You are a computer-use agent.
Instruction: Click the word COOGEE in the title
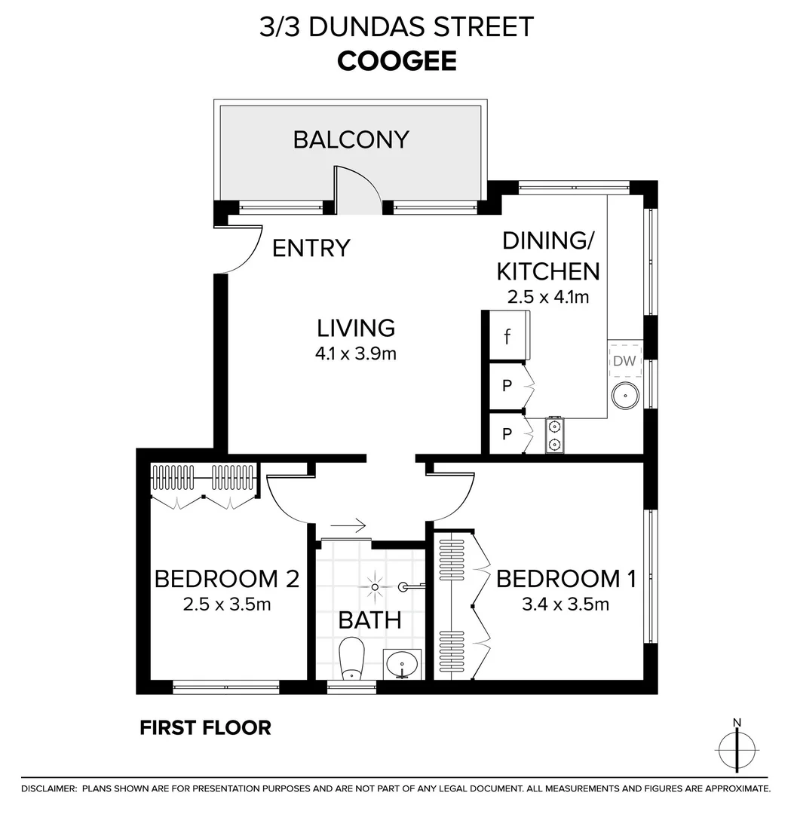click(397, 61)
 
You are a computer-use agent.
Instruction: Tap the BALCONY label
click(351, 139)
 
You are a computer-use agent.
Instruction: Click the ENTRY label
click(311, 248)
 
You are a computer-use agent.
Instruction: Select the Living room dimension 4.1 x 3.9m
click(356, 353)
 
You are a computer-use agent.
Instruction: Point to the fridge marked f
click(507, 337)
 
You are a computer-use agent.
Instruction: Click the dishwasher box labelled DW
click(624, 362)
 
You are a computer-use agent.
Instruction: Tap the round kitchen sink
click(624, 395)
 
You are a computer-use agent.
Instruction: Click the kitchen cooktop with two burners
click(555, 434)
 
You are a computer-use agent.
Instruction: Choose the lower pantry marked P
click(507, 435)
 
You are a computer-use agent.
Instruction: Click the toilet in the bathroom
click(351, 658)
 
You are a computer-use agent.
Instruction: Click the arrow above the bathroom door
click(348, 525)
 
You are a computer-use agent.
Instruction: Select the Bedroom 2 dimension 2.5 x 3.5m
click(227, 604)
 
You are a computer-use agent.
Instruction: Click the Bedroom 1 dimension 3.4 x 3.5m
click(566, 604)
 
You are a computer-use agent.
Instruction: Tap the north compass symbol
click(737, 748)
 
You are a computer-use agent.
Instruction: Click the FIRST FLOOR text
click(205, 727)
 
